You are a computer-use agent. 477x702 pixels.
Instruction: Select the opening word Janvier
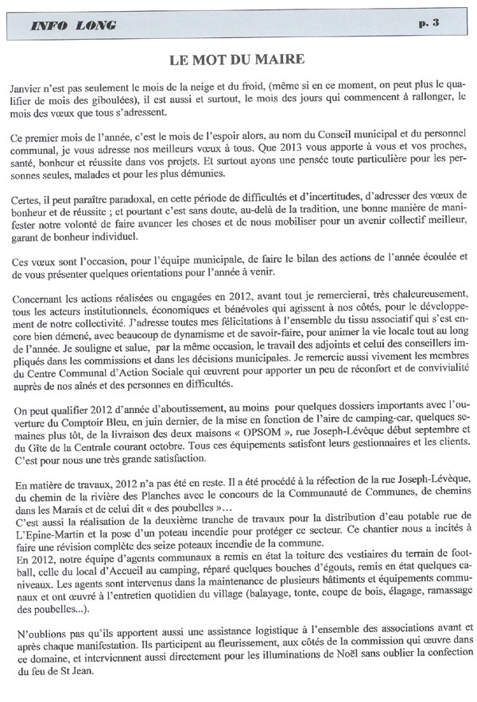31,84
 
